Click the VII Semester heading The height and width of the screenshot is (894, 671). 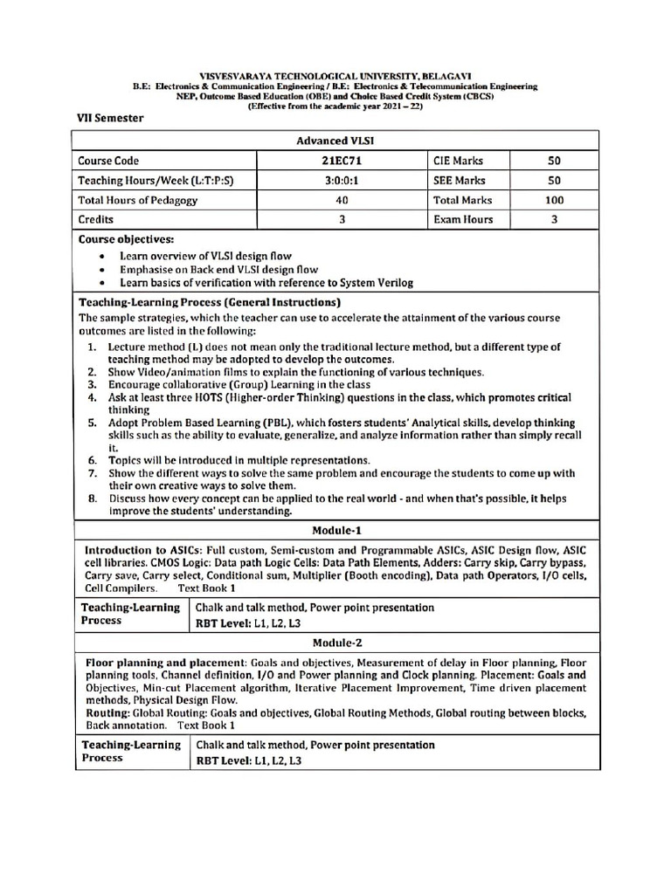pyautogui.click(x=111, y=118)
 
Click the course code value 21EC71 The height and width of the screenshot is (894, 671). pyautogui.click(x=342, y=161)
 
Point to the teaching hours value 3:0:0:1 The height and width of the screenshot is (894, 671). pyautogui.click(x=342, y=181)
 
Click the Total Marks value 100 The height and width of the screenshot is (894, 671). pyautogui.click(x=554, y=200)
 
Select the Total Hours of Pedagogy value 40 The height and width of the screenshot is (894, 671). pyautogui.click(x=342, y=200)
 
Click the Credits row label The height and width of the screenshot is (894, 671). pyautogui.click(x=97, y=220)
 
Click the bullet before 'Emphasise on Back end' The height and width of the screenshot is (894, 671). pyautogui.click(x=103, y=271)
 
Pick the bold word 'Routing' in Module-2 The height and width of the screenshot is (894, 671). pyautogui.click(x=107, y=713)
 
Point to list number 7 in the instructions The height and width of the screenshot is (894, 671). pyautogui.click(x=92, y=473)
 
